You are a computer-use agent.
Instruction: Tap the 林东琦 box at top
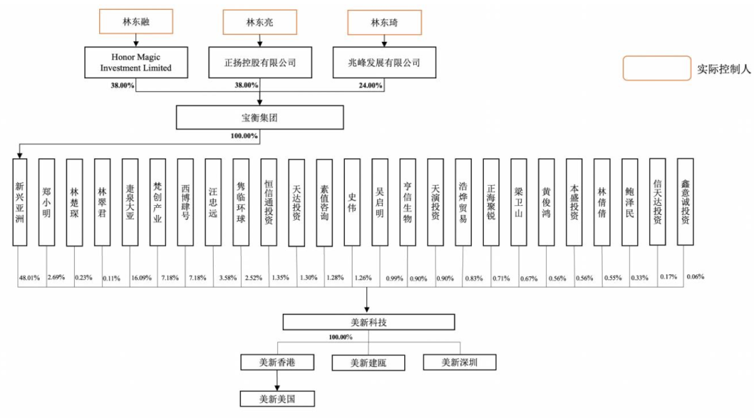[385, 22]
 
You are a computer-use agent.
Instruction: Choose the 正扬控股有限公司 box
[260, 62]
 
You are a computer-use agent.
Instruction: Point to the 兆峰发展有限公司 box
[384, 62]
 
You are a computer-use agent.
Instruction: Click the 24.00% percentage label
[370, 85]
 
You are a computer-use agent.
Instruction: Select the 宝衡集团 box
[260, 117]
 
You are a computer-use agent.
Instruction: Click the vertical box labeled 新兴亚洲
[20, 202]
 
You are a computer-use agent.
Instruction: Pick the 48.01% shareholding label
[28, 277]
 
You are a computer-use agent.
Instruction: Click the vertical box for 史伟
[353, 202]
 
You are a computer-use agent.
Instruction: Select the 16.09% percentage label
[140, 277]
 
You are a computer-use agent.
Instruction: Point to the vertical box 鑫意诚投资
[686, 201]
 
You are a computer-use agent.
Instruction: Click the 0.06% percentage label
[695, 276]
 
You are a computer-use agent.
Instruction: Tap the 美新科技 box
[369, 321]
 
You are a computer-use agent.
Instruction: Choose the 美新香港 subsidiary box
[277, 362]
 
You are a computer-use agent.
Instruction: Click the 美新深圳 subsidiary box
[460, 362]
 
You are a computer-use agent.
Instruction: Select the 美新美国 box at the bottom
[277, 398]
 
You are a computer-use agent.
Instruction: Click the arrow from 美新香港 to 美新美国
[277, 380]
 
